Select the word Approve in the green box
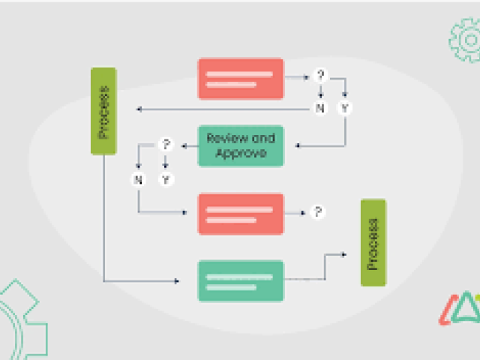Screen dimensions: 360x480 (241, 153)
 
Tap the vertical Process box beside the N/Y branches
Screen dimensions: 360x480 (103, 111)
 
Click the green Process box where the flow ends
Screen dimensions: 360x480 (373, 242)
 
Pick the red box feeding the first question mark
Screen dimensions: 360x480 (241, 79)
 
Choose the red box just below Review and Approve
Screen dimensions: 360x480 (241, 214)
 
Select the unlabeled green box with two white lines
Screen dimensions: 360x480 (241, 281)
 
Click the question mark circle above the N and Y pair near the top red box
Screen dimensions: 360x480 (321, 75)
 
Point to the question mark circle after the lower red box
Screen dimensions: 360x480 (318, 212)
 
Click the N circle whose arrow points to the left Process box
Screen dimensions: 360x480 (321, 109)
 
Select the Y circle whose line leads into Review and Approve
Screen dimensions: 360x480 (345, 109)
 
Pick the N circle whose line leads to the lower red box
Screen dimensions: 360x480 (138, 179)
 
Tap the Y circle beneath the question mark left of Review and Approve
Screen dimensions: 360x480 (166, 179)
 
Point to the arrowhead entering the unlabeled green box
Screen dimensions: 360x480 (177, 281)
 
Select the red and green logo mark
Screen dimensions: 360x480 (458, 308)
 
